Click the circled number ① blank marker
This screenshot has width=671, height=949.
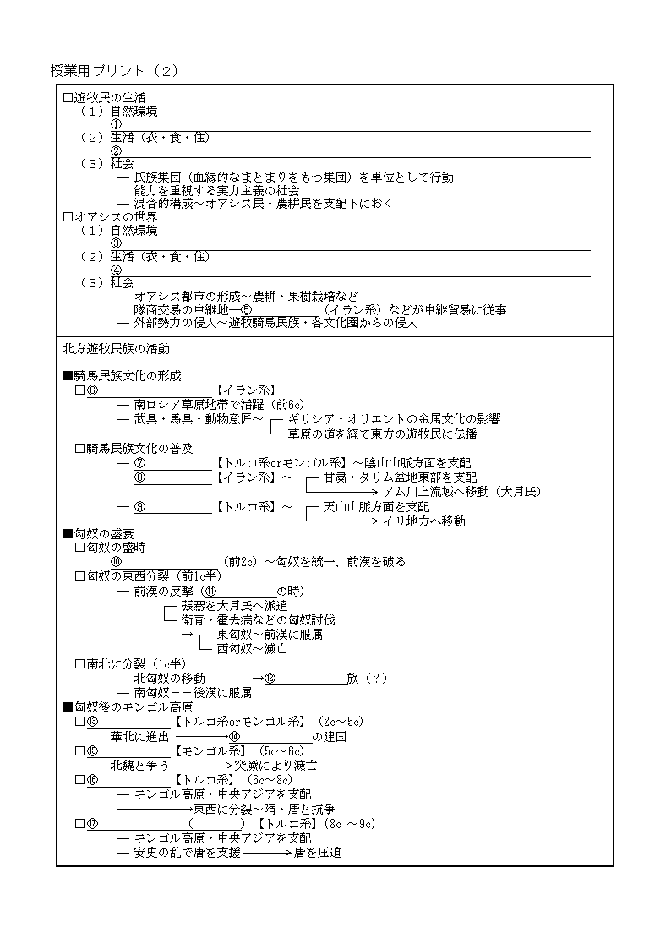pyautogui.click(x=116, y=124)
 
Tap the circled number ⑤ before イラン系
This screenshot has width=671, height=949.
pyautogui.click(x=247, y=310)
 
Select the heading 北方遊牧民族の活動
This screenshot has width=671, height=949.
pyautogui.click(x=116, y=348)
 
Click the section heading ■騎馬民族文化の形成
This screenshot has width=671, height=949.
pyautogui.click(x=122, y=376)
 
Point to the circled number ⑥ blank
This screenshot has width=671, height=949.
pyautogui.click(x=92, y=390)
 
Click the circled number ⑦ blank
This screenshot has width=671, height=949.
pyautogui.click(x=139, y=463)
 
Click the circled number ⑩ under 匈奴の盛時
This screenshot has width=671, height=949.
pyautogui.click(x=116, y=562)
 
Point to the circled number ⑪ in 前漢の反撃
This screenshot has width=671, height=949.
pyautogui.click(x=211, y=591)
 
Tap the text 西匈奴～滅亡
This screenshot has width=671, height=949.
pyautogui.click(x=252, y=648)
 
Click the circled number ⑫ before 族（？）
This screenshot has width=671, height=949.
pyautogui.click(x=270, y=678)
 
